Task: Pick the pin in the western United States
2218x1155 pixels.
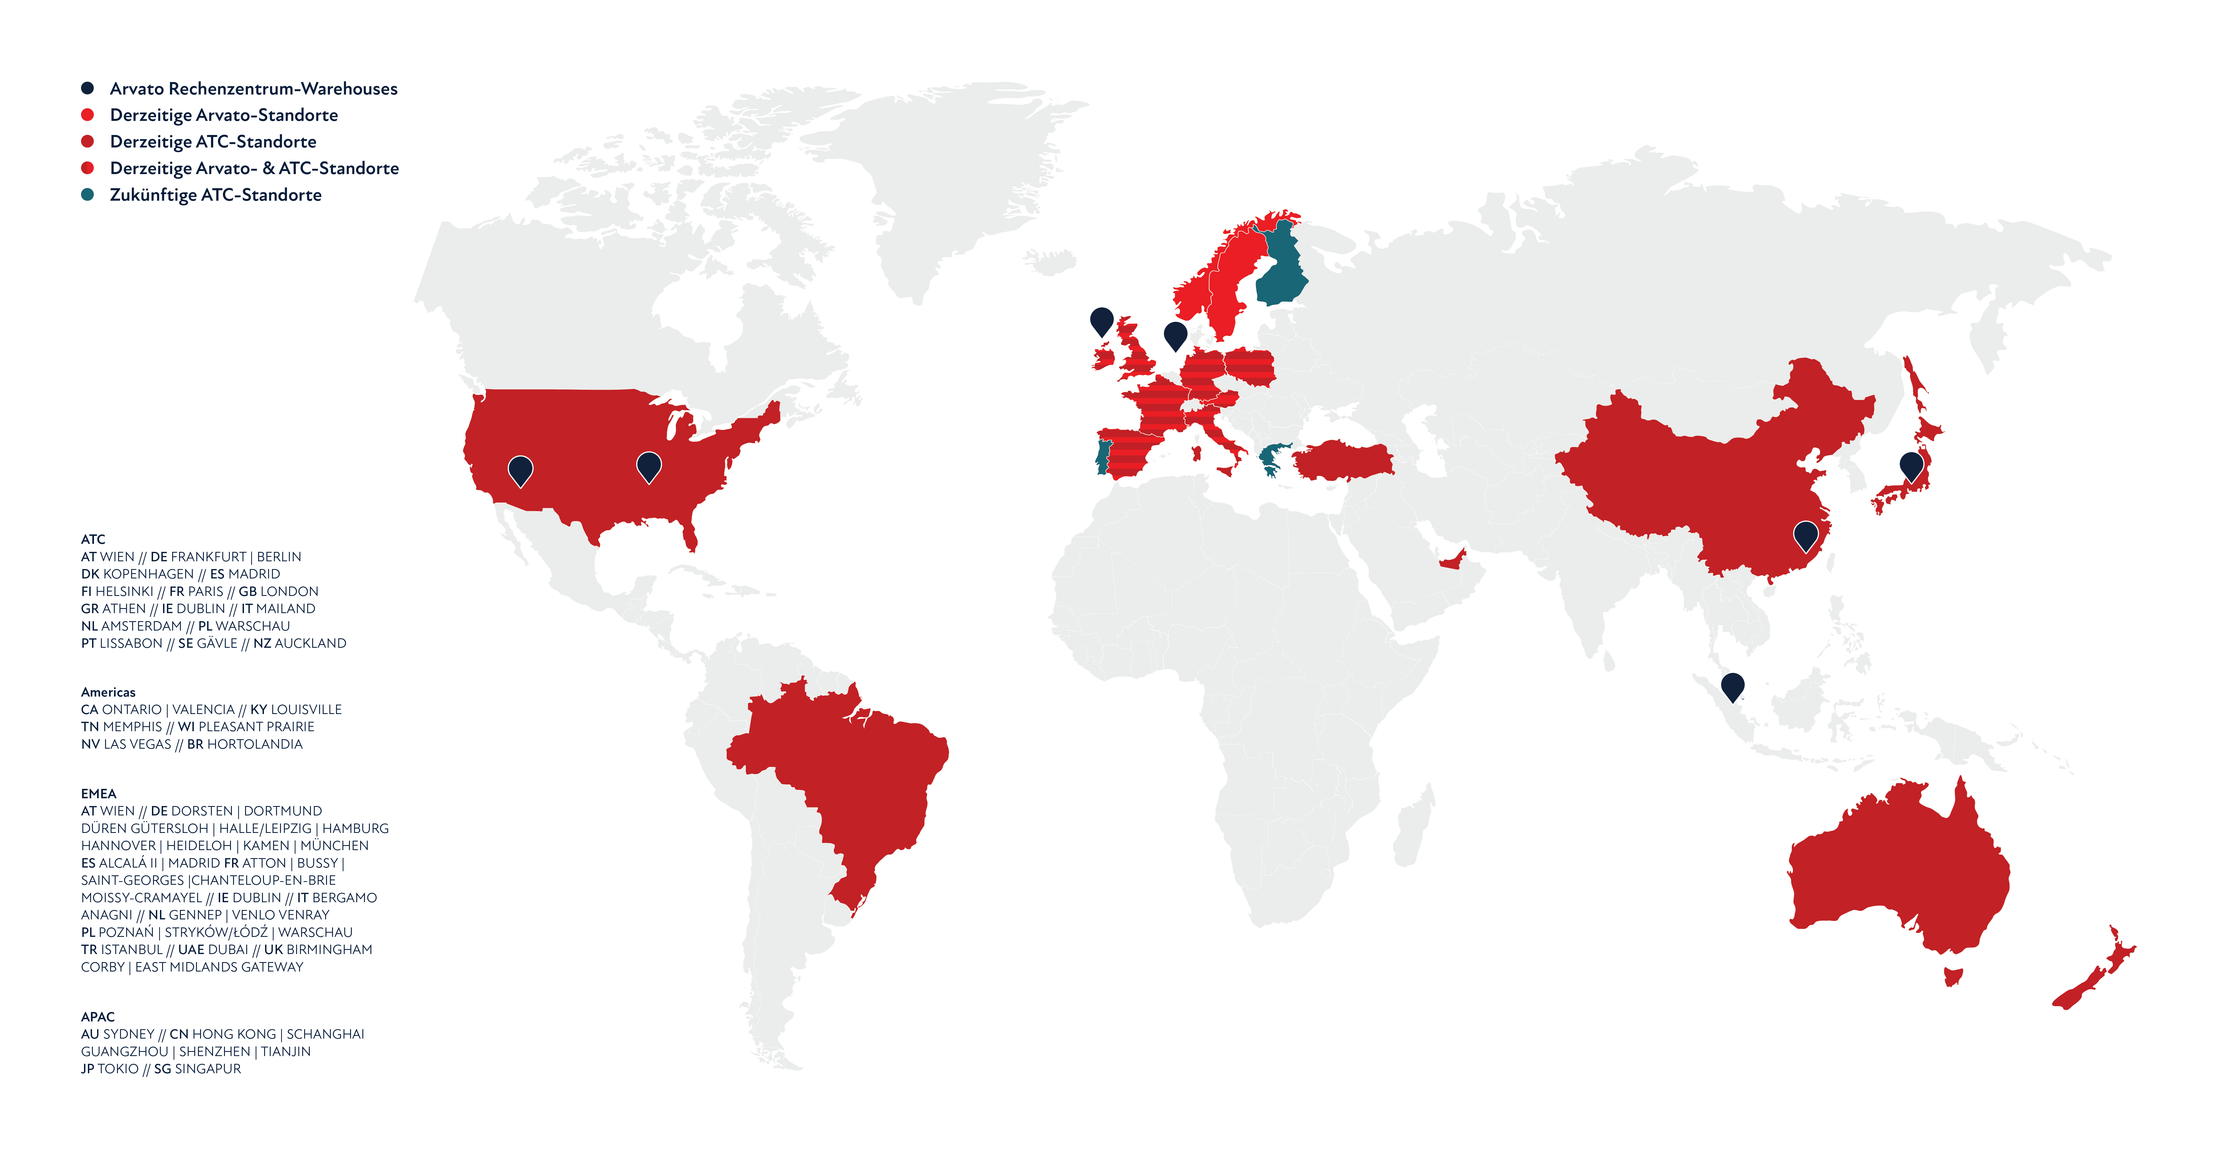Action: click(520, 470)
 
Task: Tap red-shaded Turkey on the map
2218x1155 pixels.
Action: click(1343, 460)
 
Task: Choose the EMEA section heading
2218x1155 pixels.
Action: click(98, 794)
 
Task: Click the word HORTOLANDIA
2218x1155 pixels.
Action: click(255, 744)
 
